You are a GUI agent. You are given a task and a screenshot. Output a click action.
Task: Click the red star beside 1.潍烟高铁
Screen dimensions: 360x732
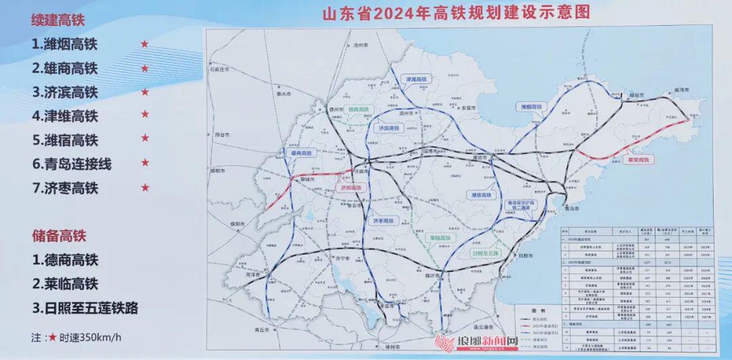(144, 45)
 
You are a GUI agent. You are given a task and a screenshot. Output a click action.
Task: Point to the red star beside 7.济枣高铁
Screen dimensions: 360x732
(144, 188)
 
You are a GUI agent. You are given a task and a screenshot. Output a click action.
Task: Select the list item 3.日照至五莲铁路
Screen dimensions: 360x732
(85, 308)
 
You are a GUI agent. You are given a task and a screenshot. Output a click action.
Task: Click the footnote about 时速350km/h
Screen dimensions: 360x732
(76, 336)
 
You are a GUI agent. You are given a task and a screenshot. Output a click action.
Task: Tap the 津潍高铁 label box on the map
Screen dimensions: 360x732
(417, 79)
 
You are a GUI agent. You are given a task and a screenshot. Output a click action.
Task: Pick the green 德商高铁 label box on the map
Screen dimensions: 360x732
(357, 108)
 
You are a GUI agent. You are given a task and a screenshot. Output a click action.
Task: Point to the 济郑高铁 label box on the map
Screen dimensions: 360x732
(351, 186)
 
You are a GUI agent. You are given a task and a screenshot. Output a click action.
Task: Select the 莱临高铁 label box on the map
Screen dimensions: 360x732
(440, 238)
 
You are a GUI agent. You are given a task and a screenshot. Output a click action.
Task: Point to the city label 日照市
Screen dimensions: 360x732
(525, 256)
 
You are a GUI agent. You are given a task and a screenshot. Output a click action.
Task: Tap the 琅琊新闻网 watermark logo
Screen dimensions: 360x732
(479, 343)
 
